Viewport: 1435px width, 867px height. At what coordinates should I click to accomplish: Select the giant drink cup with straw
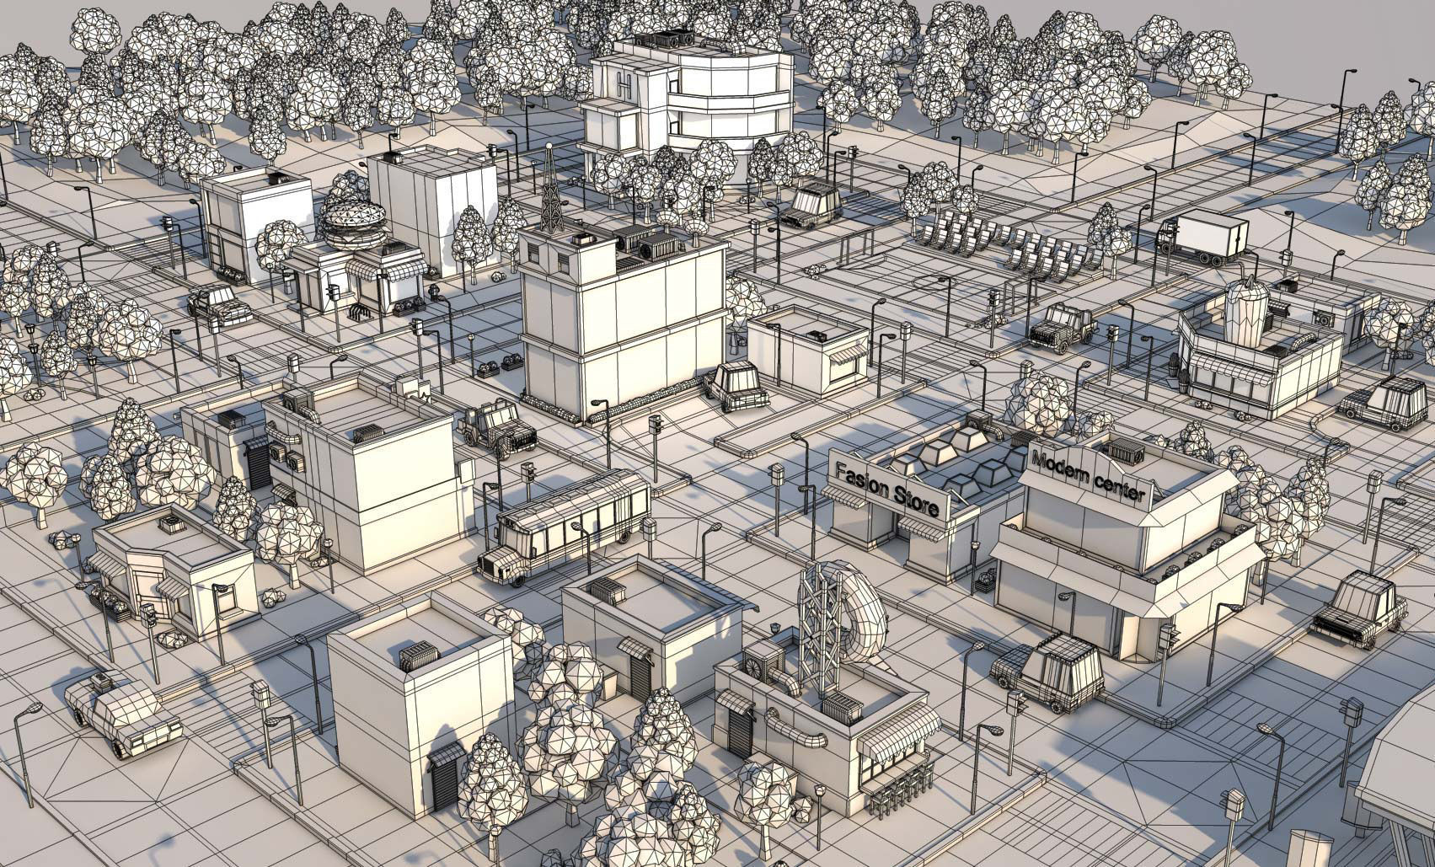pyautogui.click(x=1245, y=312)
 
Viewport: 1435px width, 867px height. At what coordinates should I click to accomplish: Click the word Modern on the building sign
pyautogui.click(x=1061, y=465)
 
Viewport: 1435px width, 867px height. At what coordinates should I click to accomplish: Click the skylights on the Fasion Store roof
pyautogui.click(x=952, y=459)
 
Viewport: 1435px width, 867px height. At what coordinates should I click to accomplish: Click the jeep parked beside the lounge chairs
pyautogui.click(x=1060, y=327)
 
